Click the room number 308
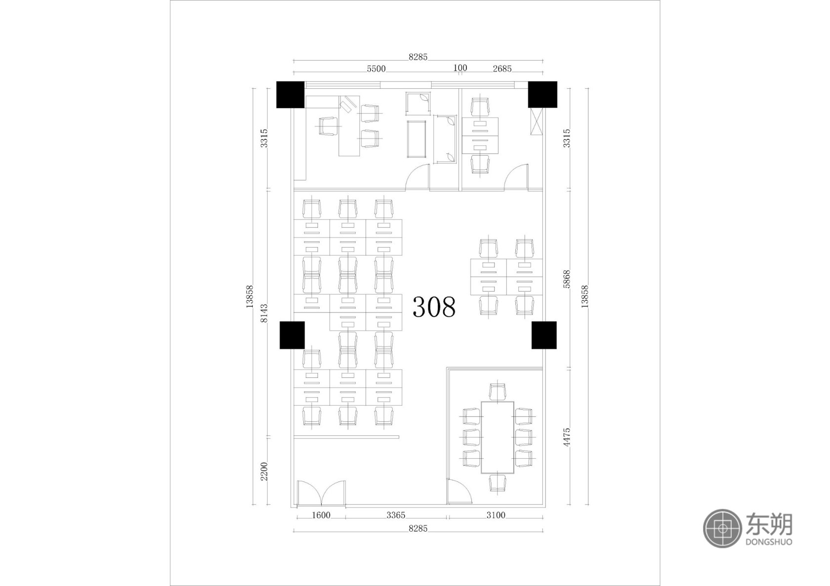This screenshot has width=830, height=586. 434,307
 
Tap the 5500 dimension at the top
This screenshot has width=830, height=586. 376,69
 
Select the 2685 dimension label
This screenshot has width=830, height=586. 502,69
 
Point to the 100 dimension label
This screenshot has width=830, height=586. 460,68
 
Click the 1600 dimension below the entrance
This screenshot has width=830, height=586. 321,515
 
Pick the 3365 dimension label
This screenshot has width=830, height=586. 396,515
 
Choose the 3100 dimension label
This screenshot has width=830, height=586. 496,515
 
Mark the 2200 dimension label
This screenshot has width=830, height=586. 264,471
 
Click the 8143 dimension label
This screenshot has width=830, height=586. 264,313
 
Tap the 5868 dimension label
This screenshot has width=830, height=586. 567,279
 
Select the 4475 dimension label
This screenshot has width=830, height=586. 567,437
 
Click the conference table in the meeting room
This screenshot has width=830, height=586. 497,437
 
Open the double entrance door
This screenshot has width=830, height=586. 321,493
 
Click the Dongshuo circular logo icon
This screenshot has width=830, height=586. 722,529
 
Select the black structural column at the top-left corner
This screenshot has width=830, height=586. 290,95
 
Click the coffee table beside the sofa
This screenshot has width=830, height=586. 416,139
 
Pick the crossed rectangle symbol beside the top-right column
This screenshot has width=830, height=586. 536,121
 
